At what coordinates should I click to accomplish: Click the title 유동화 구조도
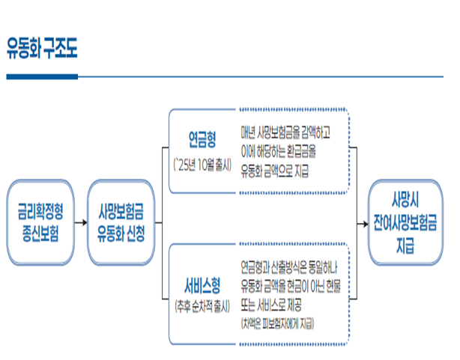[x=41, y=49]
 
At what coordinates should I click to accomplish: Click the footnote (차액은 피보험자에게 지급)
[x=277, y=323]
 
